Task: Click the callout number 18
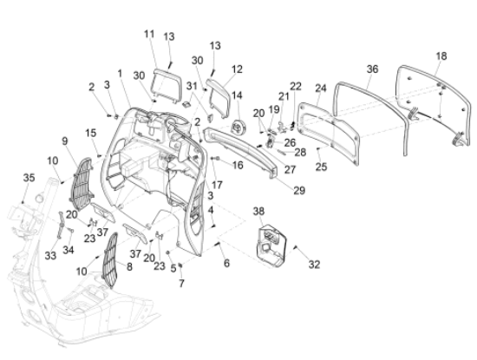pyautogui.click(x=441, y=56)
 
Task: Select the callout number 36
pyautogui.click(x=372, y=68)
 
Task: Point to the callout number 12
pyautogui.click(x=237, y=68)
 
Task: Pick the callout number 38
pyautogui.click(x=258, y=211)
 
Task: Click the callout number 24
pyautogui.click(x=320, y=88)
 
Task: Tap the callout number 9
pyautogui.click(x=64, y=141)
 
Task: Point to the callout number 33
pyautogui.click(x=49, y=255)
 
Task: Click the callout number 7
pyautogui.click(x=181, y=283)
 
